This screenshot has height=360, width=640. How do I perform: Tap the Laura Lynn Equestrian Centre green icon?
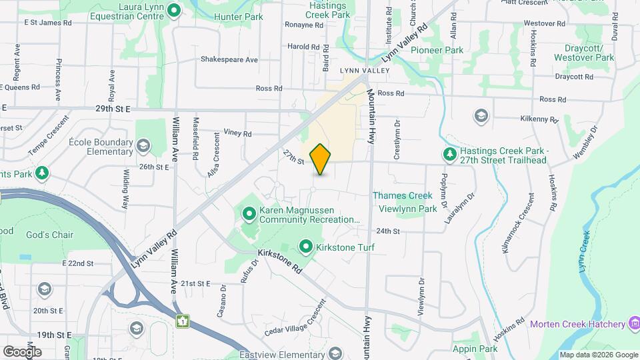[174, 10]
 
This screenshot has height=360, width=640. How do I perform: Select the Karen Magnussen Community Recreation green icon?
[249, 214]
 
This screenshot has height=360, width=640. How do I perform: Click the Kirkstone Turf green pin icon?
[306, 247]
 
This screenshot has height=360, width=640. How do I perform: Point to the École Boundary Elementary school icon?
[143, 146]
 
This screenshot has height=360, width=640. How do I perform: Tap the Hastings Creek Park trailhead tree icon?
[451, 155]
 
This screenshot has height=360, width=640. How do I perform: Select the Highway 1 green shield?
[181, 321]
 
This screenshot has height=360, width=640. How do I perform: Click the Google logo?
[22, 351]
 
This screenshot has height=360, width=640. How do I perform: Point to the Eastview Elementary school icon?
[335, 354]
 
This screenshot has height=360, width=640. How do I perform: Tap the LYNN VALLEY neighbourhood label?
[364, 70]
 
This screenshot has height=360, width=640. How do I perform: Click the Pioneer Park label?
[437, 50]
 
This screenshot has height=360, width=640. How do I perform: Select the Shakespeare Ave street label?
[229, 59]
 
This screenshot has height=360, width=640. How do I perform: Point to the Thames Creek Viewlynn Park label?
[405, 202]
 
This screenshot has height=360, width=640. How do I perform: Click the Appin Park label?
[475, 349]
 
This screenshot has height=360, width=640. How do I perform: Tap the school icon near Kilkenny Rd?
[480, 116]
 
